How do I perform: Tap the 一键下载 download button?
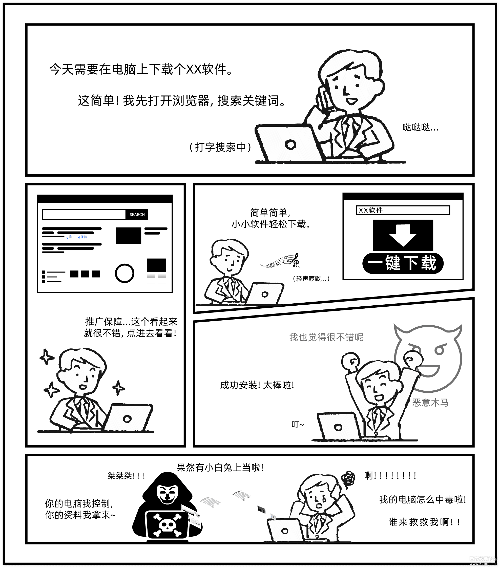click(x=403, y=263)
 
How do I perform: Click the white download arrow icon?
click(x=403, y=235)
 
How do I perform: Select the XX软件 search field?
click(x=403, y=210)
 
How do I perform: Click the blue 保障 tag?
click(x=83, y=237)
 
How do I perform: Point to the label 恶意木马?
click(x=430, y=403)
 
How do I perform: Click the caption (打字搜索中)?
click(x=220, y=147)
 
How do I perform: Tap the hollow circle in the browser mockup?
click(x=124, y=274)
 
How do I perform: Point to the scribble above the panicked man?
click(x=348, y=478)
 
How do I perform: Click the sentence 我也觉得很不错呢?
click(x=326, y=337)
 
